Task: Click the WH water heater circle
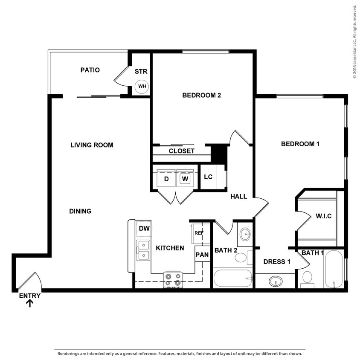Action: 142,87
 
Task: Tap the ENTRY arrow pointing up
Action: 30,303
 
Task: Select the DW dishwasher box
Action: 144,229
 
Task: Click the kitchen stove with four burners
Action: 173,279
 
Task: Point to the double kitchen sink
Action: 143,250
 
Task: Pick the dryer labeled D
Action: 166,178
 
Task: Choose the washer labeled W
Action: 185,178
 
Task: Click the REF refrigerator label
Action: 199,233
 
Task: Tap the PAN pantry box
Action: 202,255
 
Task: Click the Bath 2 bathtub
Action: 232,279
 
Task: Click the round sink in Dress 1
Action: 276,281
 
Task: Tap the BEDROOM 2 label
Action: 201,95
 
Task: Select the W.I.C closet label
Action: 323,216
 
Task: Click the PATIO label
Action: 90,70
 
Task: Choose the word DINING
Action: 80,211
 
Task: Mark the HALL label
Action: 239,197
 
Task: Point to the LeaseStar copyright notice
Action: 354,41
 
